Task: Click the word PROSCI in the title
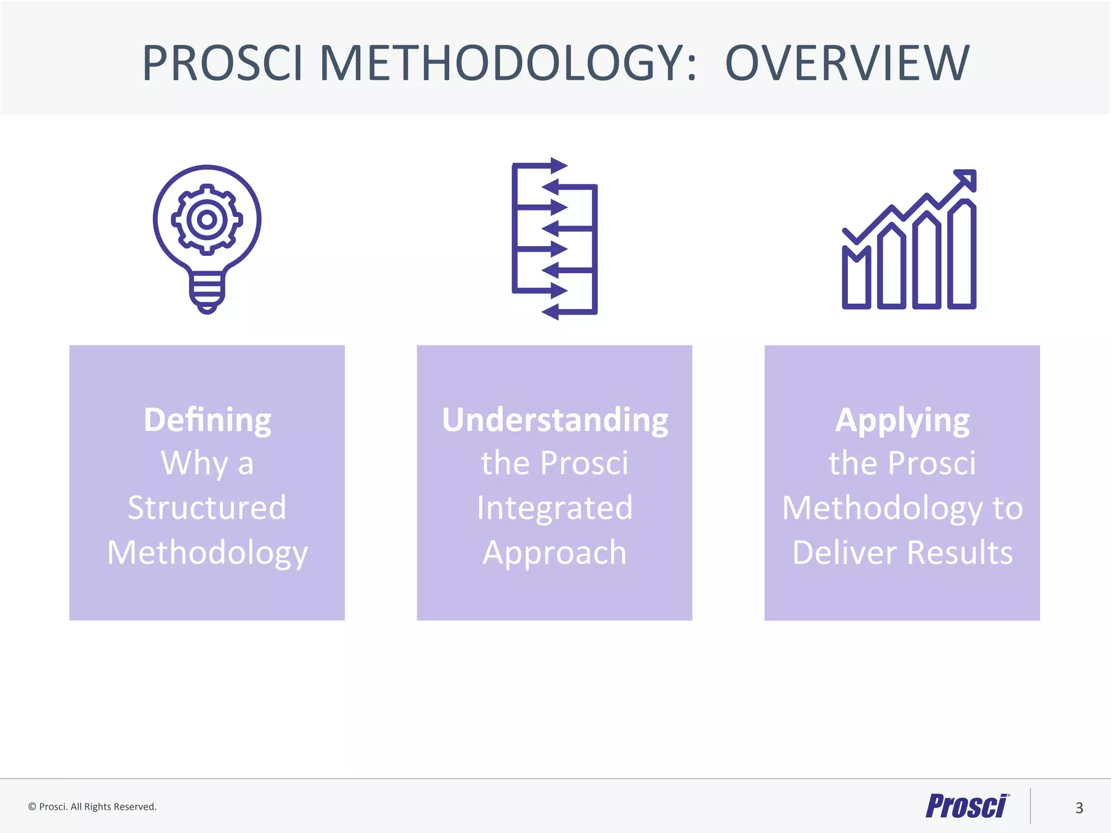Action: [221, 63]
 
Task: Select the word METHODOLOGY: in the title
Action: [507, 63]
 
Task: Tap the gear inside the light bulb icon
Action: [207, 220]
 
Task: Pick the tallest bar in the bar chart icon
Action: [962, 255]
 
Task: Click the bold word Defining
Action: [207, 420]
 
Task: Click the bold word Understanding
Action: [554, 420]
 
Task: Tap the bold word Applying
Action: [902, 420]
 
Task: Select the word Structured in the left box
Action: [207, 508]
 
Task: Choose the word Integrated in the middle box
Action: [554, 508]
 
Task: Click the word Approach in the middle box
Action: [554, 553]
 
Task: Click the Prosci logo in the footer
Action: [966, 806]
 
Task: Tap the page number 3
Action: [1079, 808]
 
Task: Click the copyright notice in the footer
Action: [92, 806]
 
